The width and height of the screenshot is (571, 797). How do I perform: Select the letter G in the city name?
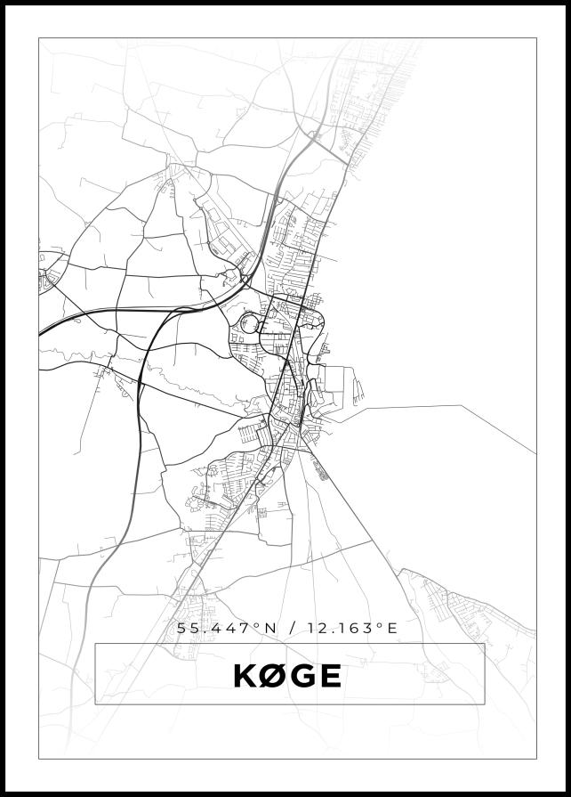[302, 677]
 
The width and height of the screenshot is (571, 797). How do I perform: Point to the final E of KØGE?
[329, 677]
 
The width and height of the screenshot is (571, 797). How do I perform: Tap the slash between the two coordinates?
[292, 628]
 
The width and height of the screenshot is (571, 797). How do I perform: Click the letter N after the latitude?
[270, 628]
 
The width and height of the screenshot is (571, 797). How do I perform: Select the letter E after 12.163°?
[390, 628]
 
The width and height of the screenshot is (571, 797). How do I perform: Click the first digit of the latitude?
[181, 628]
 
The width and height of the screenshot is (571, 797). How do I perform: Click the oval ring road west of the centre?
[248, 324]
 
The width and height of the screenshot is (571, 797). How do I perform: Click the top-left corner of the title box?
[95, 644]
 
